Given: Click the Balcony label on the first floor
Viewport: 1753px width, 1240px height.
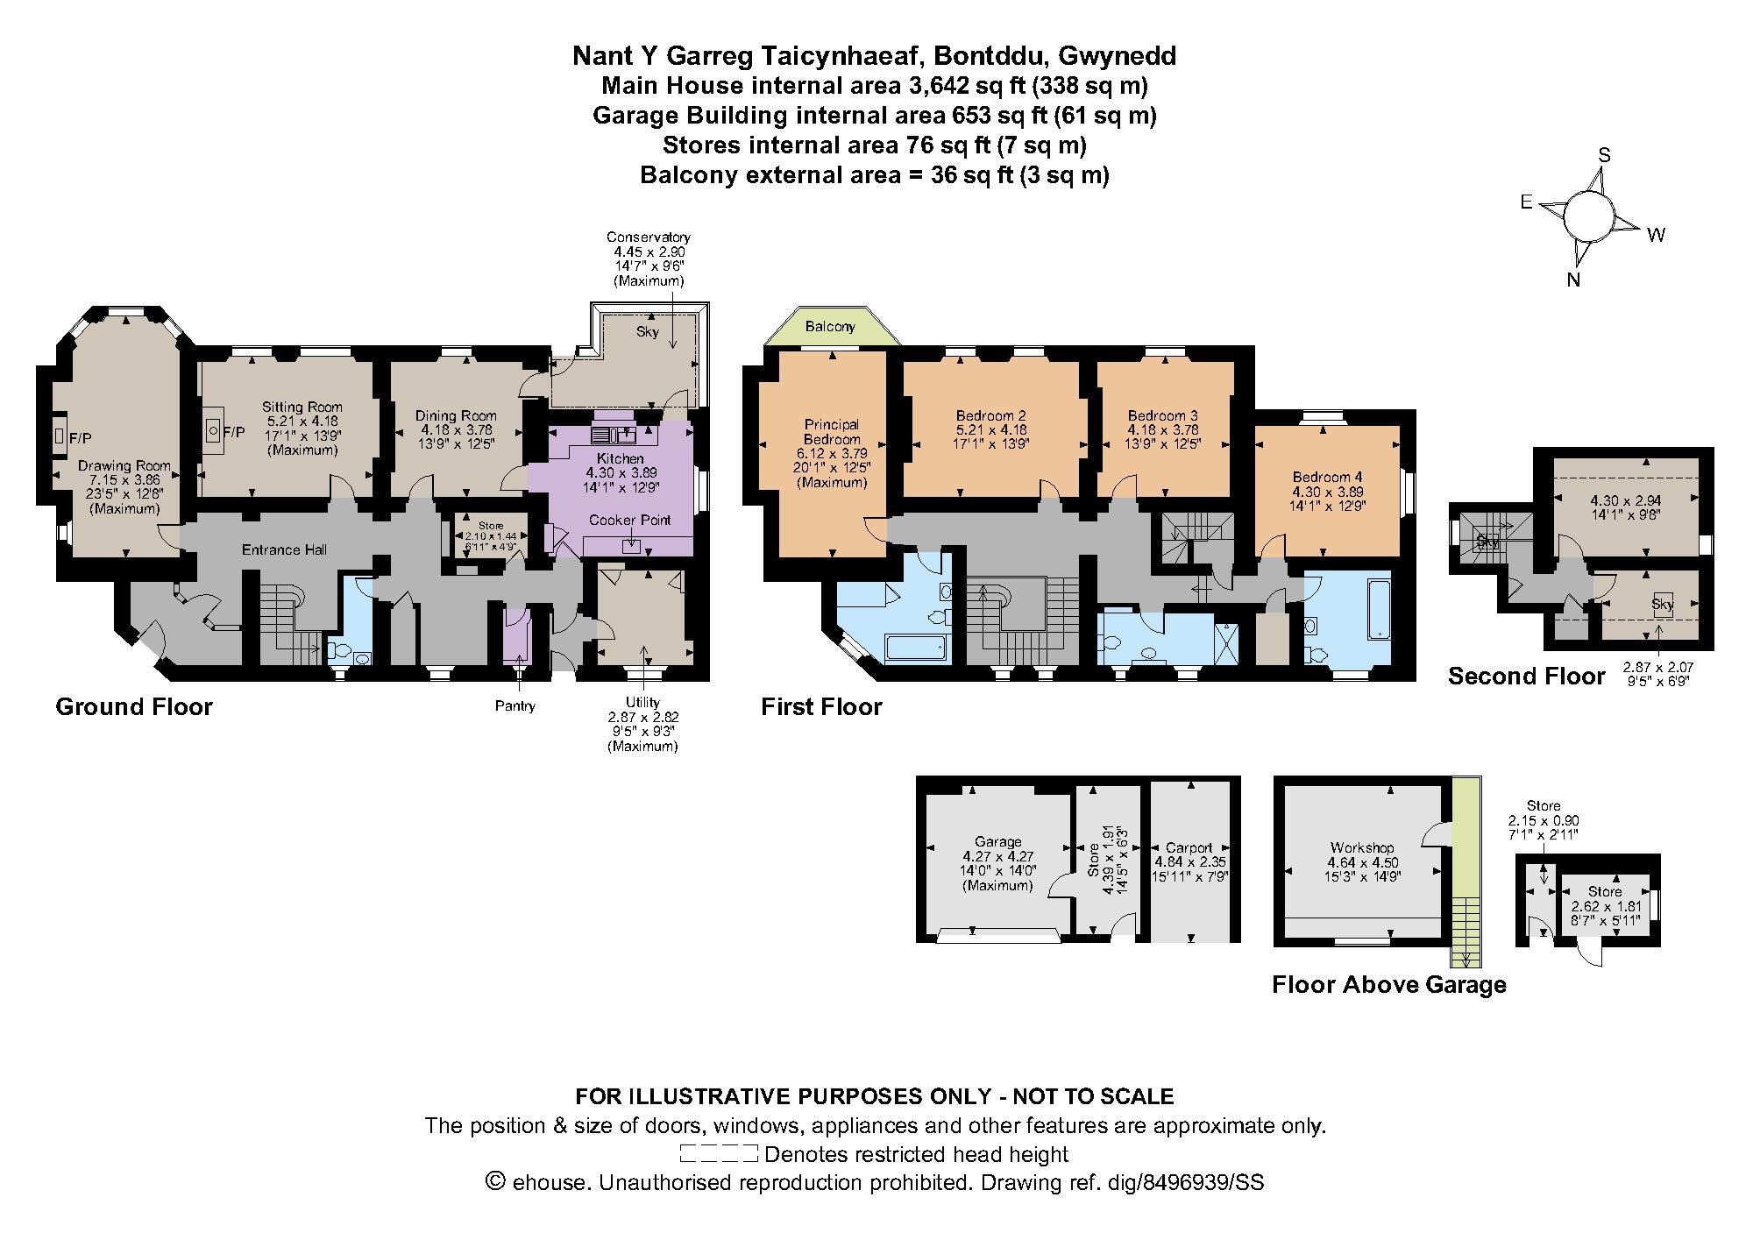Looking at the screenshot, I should click(830, 327).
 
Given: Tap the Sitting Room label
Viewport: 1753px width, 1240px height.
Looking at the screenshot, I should click(302, 407).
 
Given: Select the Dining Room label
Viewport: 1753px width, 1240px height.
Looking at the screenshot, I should click(456, 415).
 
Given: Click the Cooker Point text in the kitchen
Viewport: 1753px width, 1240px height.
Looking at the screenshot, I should click(629, 520).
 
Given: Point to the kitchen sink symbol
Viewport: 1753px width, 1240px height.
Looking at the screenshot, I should click(612, 434).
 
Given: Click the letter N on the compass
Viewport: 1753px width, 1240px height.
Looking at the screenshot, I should click(1573, 280).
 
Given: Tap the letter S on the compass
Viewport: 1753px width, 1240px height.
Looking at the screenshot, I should click(1605, 155).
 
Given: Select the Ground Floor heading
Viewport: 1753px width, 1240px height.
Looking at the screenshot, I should click(134, 707).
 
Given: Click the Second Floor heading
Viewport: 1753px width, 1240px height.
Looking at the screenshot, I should click(1526, 676).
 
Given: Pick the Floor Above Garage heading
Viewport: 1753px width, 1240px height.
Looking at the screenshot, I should click(1389, 985).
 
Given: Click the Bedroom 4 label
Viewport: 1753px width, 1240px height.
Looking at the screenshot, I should click(1327, 477).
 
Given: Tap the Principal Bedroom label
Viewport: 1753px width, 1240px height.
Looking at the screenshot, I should click(832, 432).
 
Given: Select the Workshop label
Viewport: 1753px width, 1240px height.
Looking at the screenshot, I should click(1362, 847).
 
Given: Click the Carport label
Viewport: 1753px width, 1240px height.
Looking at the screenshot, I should click(1189, 847).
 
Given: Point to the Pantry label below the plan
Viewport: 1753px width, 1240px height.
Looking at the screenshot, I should click(515, 705).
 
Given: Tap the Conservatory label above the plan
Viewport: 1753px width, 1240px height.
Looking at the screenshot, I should click(649, 237).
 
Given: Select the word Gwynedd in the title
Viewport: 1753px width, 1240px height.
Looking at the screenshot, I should click(1118, 56).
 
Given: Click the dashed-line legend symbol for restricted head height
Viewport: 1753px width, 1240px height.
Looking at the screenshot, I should click(719, 1153).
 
